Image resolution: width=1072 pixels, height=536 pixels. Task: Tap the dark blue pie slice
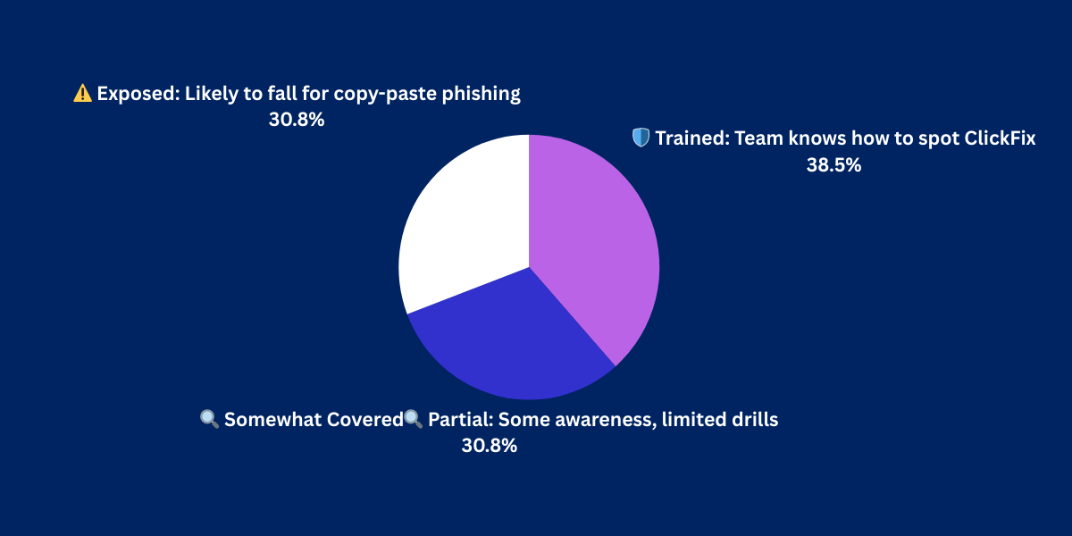(x=512, y=345)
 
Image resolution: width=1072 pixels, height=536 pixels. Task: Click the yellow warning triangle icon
(x=82, y=93)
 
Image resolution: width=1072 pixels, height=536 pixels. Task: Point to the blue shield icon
(x=641, y=138)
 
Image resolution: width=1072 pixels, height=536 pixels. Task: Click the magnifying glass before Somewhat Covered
(x=210, y=419)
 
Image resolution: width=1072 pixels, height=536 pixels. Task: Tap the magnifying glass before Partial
(x=413, y=419)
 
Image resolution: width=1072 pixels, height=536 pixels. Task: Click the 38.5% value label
(x=833, y=165)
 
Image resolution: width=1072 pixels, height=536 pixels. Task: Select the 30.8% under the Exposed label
(x=297, y=120)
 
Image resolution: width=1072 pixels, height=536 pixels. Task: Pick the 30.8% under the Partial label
(x=490, y=446)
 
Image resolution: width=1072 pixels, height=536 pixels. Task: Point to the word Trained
(x=692, y=138)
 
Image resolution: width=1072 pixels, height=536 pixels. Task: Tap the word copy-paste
(x=385, y=95)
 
